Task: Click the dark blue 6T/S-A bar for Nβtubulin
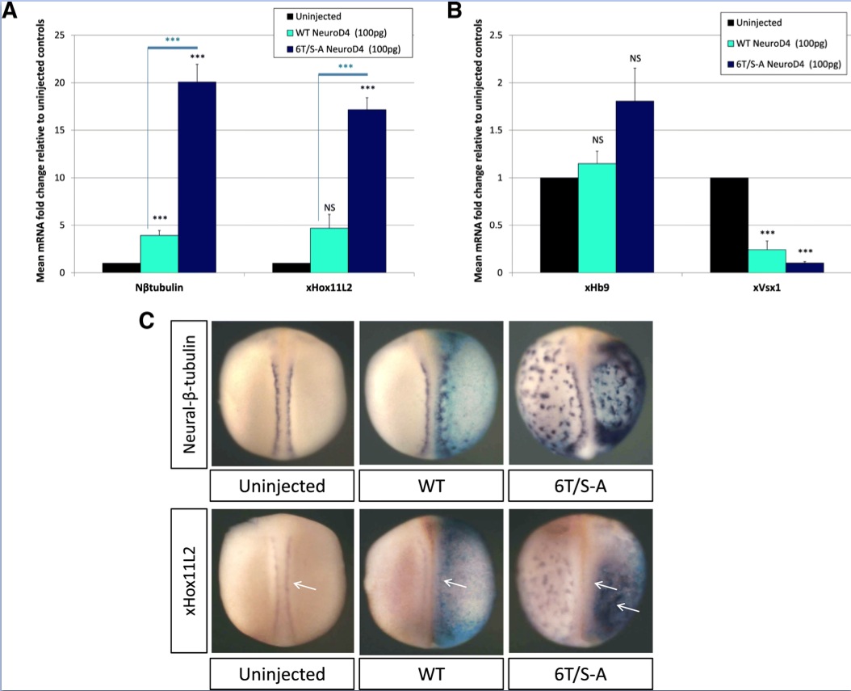197,177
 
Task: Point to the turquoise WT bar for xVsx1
767,260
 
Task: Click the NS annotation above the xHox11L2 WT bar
329,208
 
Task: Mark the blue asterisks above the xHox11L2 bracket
346,66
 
